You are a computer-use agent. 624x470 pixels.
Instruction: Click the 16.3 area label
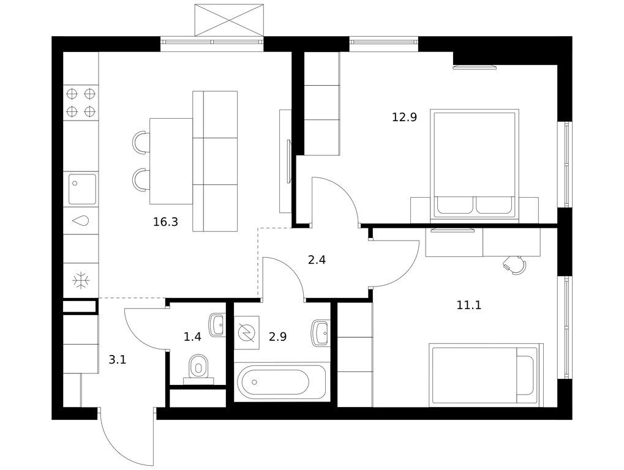165,222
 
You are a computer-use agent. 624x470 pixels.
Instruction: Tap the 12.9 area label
404,117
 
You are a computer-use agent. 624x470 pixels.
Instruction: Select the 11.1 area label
469,305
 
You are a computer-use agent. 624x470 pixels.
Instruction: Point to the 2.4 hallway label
317,260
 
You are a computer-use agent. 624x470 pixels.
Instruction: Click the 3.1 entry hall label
118,360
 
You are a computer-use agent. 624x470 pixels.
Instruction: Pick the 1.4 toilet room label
192,337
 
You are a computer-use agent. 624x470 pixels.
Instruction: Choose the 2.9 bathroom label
278,337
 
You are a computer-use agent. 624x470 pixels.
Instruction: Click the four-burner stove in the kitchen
81,103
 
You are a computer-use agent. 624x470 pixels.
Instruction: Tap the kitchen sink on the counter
83,189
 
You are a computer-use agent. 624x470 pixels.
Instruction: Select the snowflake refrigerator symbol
81,280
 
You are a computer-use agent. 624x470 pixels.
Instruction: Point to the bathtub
273,382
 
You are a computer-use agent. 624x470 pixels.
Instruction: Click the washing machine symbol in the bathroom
247,333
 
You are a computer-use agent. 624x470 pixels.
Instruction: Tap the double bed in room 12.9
475,165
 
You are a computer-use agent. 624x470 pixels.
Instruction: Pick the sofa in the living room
215,161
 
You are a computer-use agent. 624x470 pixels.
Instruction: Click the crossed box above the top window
229,20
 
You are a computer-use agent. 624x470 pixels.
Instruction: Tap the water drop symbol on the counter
81,220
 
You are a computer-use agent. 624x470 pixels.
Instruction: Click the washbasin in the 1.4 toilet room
217,325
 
